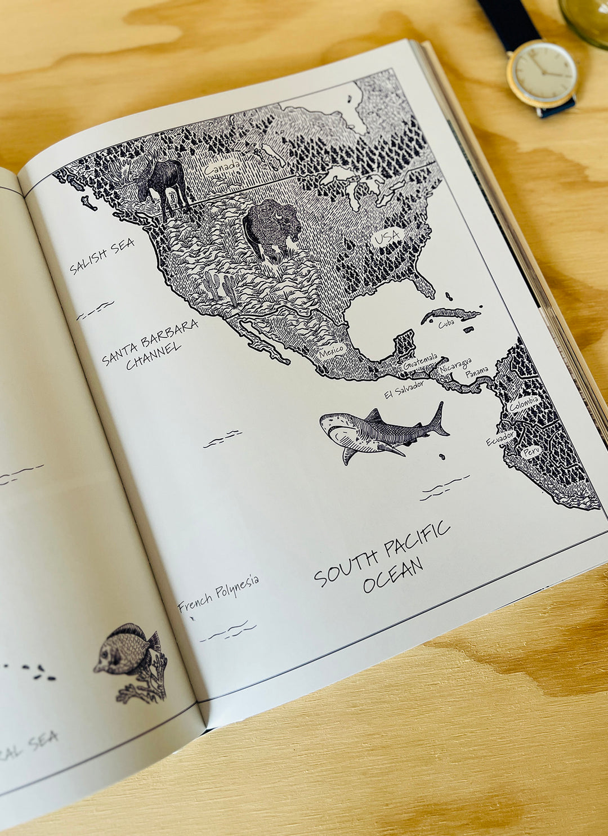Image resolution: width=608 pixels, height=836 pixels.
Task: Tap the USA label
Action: (387, 237)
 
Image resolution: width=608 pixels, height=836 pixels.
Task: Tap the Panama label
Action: (476, 372)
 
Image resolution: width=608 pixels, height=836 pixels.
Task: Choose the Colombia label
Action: (524, 403)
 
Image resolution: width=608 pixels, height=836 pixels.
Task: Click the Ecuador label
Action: (499, 438)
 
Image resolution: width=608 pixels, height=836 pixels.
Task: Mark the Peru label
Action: (531, 451)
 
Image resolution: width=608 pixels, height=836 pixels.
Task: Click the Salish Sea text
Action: (102, 256)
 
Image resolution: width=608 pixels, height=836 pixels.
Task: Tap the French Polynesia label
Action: (218, 593)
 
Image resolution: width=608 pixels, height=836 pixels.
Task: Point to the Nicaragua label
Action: (456, 364)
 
